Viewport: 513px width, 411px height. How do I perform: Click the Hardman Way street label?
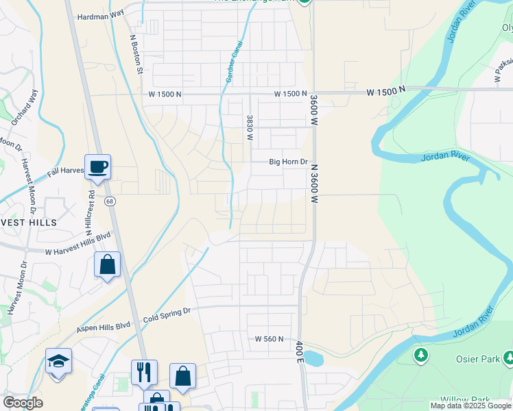100,15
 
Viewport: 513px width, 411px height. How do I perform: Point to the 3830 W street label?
250,128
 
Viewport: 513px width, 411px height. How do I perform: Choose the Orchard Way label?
24,106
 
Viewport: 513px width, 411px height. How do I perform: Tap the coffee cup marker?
97,166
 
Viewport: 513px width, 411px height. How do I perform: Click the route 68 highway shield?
110,201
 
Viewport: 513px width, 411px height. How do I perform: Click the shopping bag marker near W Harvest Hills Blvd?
108,264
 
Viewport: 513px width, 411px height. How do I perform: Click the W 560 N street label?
270,338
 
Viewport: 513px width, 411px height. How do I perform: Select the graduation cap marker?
59,361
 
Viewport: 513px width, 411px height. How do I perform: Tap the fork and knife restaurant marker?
144,373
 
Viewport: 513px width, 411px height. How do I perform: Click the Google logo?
23,403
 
